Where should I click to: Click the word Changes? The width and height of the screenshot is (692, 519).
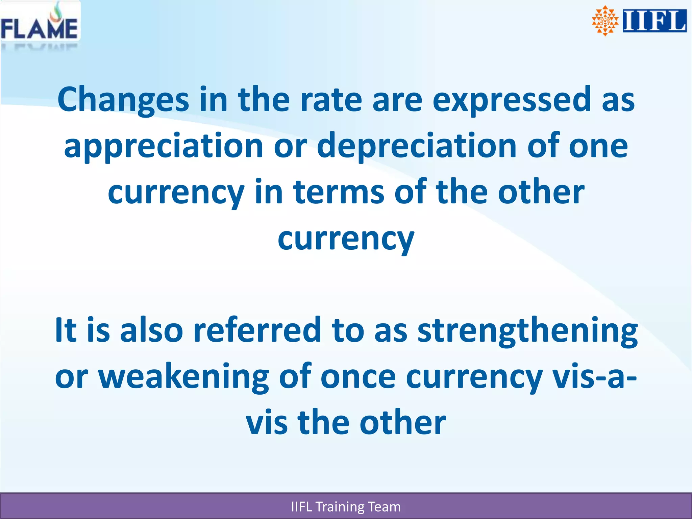pos(123,100)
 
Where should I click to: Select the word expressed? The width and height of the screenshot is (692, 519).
pos(512,100)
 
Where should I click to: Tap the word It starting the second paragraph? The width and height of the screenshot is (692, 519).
pos(66,330)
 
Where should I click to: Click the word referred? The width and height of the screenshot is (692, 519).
pos(257,330)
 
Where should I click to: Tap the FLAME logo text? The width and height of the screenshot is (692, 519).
pos(39,29)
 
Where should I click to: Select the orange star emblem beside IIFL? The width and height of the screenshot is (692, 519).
pos(605,21)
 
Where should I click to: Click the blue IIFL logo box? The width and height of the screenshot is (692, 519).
pos(654,21)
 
